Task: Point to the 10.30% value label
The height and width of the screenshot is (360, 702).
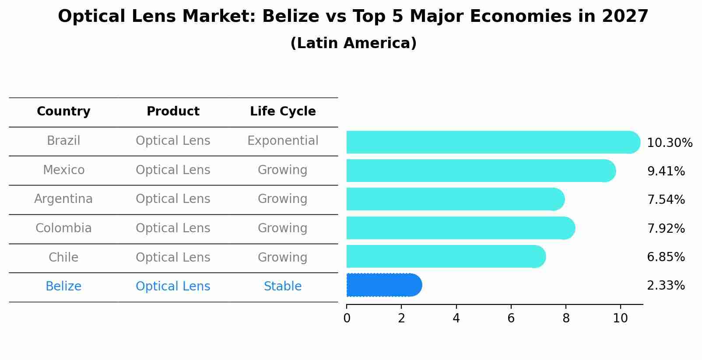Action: (x=669, y=143)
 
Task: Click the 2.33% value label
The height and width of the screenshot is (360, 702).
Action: (x=666, y=286)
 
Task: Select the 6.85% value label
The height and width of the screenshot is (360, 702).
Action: (x=666, y=257)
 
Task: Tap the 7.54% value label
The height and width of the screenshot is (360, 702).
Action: (x=666, y=200)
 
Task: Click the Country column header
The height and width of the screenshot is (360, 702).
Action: (x=63, y=112)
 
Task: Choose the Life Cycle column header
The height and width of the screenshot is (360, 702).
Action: (x=283, y=112)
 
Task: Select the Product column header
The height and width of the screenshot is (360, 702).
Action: (x=173, y=112)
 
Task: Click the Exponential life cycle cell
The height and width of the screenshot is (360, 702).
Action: (x=283, y=141)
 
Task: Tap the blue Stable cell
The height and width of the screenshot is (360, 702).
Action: (x=283, y=287)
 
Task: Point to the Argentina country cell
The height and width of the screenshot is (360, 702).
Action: (x=63, y=199)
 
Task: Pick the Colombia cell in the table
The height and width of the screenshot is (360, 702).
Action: (x=63, y=228)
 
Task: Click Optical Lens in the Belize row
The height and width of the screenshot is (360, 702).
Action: (x=173, y=287)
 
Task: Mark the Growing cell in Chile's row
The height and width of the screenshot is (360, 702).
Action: (x=283, y=257)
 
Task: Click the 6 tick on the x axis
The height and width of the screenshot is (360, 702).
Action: (x=511, y=318)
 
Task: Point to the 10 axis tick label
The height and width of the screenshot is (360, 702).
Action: (x=620, y=318)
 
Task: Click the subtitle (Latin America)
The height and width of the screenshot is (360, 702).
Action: (x=353, y=43)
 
